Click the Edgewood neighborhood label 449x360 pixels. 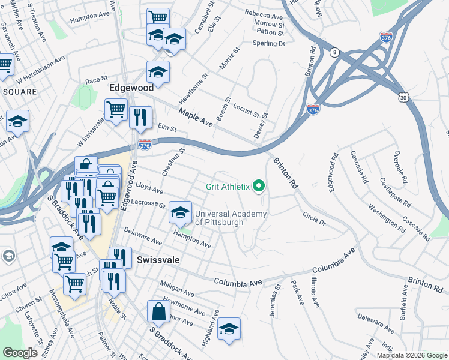(131, 88)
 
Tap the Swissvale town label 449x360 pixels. (158, 260)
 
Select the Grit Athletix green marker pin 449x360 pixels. (259, 187)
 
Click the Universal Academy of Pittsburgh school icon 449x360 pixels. (180, 211)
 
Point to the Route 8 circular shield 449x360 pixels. (334, 52)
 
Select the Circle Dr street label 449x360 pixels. (314, 218)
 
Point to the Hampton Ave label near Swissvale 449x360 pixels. (192, 240)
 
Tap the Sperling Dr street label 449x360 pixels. (268, 43)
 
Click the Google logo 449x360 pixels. (20, 353)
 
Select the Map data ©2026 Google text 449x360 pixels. (411, 355)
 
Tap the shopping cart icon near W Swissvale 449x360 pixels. (116, 109)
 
